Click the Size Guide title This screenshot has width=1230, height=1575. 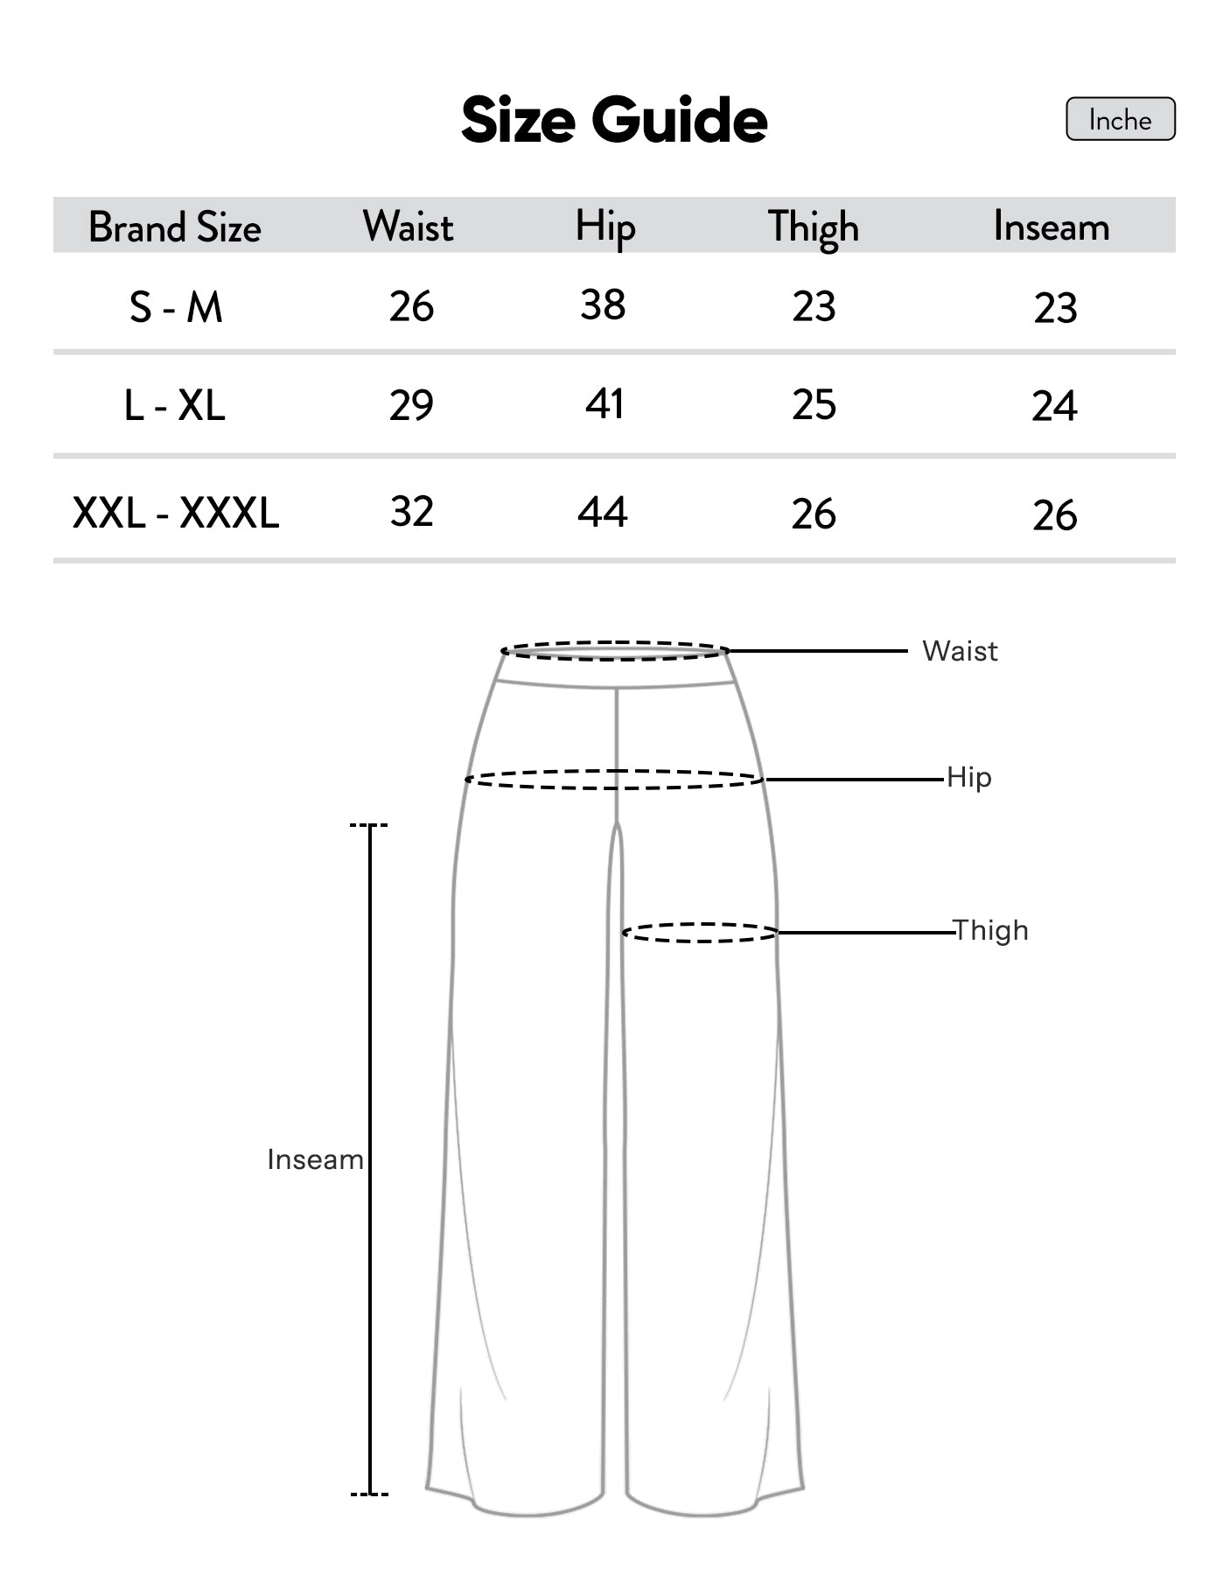[x=614, y=120]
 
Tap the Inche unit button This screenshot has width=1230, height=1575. [x=1120, y=119]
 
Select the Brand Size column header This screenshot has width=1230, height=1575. [x=175, y=227]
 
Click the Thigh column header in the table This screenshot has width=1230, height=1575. [x=814, y=228]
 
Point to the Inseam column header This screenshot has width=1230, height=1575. [x=1052, y=227]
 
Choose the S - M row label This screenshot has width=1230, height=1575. [x=176, y=308]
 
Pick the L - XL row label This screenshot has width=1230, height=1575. [x=175, y=405]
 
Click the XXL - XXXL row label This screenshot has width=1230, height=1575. [x=176, y=513]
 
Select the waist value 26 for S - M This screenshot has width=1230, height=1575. [x=411, y=307]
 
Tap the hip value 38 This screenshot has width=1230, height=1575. [x=603, y=305]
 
